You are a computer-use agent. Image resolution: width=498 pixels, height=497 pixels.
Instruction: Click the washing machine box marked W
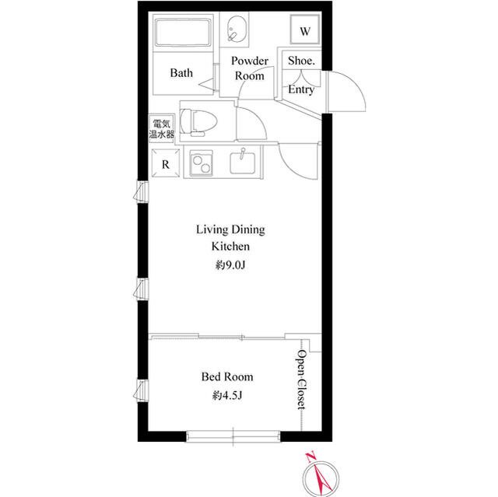click(305, 30)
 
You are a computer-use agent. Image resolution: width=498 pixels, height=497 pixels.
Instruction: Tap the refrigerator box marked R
click(166, 163)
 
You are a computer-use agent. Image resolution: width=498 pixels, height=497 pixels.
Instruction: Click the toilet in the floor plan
click(198, 122)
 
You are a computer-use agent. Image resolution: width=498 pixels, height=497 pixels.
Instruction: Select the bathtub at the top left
click(183, 33)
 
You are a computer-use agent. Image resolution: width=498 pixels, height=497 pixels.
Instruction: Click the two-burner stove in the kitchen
click(202, 163)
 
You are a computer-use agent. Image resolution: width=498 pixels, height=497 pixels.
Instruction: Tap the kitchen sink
click(243, 163)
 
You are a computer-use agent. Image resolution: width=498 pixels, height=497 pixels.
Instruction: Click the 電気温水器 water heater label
click(162, 129)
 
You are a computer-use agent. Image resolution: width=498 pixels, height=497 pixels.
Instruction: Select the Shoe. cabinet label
click(301, 61)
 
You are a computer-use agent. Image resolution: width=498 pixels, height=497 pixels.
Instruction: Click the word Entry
click(301, 89)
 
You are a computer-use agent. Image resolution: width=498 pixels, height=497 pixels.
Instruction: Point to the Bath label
click(181, 72)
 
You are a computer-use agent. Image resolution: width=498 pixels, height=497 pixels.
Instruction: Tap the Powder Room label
click(250, 68)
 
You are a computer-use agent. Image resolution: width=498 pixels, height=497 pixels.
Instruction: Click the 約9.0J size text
click(230, 264)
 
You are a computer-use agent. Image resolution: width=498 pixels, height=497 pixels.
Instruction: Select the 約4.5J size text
click(227, 395)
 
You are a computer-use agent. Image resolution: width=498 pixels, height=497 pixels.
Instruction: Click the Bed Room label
click(227, 376)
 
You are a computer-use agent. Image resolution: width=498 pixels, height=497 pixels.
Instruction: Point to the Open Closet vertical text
click(302, 380)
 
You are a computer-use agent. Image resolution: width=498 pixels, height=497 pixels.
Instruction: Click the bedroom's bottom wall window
click(233, 436)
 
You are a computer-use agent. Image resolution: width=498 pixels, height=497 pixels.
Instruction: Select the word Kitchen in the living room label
click(230, 247)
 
